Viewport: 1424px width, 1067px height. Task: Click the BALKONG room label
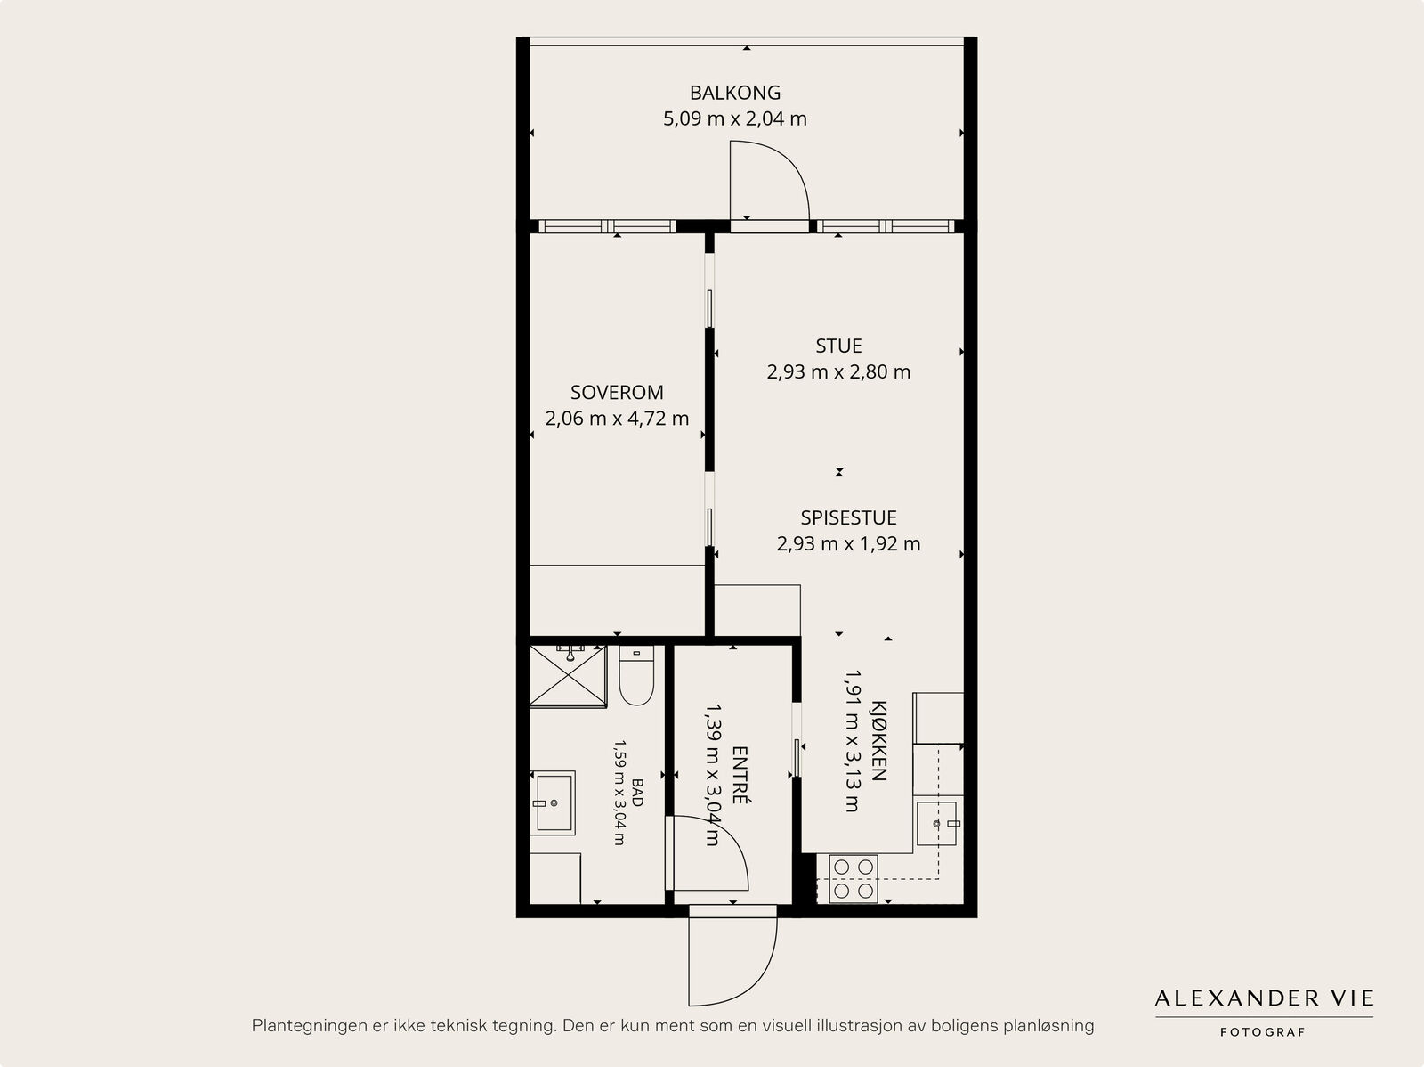point(734,93)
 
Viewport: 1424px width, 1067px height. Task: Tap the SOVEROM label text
point(616,393)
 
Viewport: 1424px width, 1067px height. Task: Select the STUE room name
point(838,346)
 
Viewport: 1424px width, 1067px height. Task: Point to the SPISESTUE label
point(848,517)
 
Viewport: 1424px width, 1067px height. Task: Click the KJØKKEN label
point(878,740)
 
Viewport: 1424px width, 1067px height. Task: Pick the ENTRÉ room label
point(740,775)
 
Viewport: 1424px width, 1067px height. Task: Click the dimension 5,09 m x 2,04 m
point(734,118)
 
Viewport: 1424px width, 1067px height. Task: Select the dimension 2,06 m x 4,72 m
point(616,419)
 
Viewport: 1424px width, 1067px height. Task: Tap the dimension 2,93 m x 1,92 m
point(848,543)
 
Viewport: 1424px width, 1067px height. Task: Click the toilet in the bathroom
point(636,675)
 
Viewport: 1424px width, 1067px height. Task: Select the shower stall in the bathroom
point(569,676)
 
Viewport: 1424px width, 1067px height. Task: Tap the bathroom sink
point(554,802)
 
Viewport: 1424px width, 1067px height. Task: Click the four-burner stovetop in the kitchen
point(854,879)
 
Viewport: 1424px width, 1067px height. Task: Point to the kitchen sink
point(937,824)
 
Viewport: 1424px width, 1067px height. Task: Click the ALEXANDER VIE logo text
point(1264,998)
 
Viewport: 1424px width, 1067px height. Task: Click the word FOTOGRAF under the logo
point(1262,1032)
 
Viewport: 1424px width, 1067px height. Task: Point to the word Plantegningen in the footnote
point(307,1026)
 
